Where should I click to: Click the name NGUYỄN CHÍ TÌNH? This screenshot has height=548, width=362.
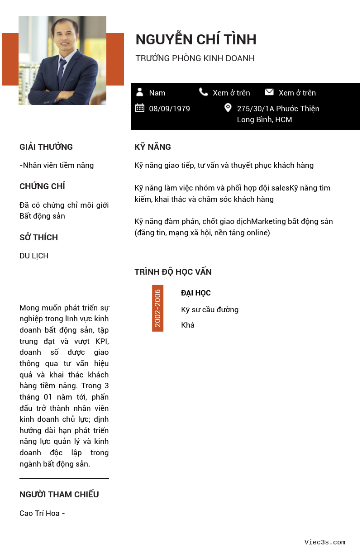[x=195, y=40]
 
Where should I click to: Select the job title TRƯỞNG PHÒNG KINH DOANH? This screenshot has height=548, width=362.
[x=195, y=58]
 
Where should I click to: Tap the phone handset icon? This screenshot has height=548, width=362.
[x=204, y=92]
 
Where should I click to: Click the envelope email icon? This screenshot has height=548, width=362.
[x=269, y=92]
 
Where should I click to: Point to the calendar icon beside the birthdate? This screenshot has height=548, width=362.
[x=140, y=108]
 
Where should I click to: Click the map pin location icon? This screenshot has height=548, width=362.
[x=228, y=108]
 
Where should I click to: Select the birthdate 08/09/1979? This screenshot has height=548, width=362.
[x=169, y=109]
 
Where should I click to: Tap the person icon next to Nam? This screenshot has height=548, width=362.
[x=140, y=92]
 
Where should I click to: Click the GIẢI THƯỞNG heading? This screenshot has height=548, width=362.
[x=46, y=147]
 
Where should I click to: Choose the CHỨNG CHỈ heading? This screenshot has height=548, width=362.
[x=42, y=186]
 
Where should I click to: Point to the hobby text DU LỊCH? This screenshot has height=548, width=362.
[x=34, y=256]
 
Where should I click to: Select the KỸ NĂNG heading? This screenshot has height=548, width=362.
[x=152, y=147]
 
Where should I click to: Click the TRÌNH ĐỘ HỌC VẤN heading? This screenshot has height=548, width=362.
[x=173, y=272]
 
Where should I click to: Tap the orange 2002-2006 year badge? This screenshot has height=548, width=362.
[x=157, y=308]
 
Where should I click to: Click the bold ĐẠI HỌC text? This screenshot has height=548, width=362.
[x=196, y=293]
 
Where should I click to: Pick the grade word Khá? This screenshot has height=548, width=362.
[x=188, y=325]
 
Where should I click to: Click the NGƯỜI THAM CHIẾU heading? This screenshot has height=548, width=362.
[x=59, y=495]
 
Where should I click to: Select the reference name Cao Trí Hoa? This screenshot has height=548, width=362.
[x=39, y=513]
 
